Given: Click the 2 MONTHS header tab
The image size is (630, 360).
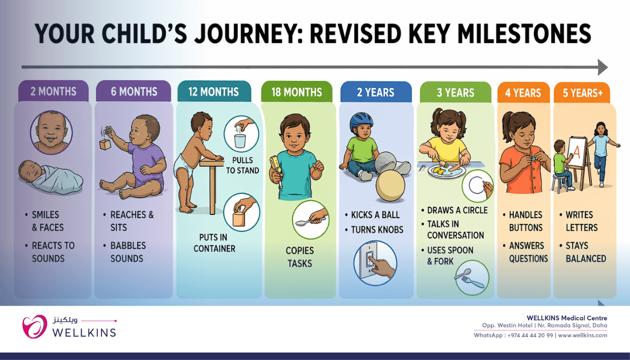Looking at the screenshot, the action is coord(53,91).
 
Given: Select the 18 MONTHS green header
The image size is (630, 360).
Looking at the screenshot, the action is coord(297,92).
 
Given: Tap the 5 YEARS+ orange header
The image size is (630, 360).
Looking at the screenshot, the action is coord(582,93).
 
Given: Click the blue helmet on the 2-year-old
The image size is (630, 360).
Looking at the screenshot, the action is coord(361,121).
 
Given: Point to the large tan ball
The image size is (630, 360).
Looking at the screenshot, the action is coord(390,185).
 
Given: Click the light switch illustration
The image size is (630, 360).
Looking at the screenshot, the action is coord(375,263).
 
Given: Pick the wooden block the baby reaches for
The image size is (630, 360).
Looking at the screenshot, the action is coord(105,144).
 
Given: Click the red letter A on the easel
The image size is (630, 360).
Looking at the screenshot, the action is coord(577,152).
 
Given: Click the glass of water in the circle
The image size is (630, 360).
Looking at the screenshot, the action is coord(240,141).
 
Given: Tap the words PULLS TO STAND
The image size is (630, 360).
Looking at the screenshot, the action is coord(242,165).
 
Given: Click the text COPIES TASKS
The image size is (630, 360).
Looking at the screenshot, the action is coord(299,257).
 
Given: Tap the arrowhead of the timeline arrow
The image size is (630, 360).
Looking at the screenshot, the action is coord(602,67).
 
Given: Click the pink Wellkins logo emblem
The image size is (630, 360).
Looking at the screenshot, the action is coord(34,326).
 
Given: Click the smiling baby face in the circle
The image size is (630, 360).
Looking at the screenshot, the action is coord(51,132).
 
